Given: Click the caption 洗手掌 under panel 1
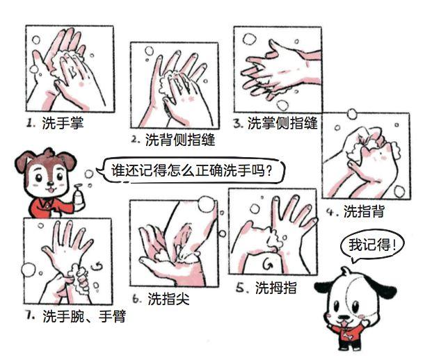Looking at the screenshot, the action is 63,122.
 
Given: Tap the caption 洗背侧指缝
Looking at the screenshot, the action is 180,140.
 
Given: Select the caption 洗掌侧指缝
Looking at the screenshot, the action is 282,123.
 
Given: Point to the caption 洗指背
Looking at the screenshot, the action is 364,211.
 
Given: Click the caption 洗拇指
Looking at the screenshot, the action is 275,288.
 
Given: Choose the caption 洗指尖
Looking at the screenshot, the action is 168,299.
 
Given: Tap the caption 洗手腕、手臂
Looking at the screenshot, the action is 84,316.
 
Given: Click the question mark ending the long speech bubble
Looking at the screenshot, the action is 269,171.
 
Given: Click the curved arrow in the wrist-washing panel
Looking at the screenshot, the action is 97,265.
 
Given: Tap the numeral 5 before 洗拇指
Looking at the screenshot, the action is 240,288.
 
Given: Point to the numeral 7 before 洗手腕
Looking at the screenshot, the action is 29,315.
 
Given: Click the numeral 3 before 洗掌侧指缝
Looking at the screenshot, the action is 237,123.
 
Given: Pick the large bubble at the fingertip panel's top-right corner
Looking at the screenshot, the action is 206,204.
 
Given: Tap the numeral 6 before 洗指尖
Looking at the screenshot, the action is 136,299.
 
